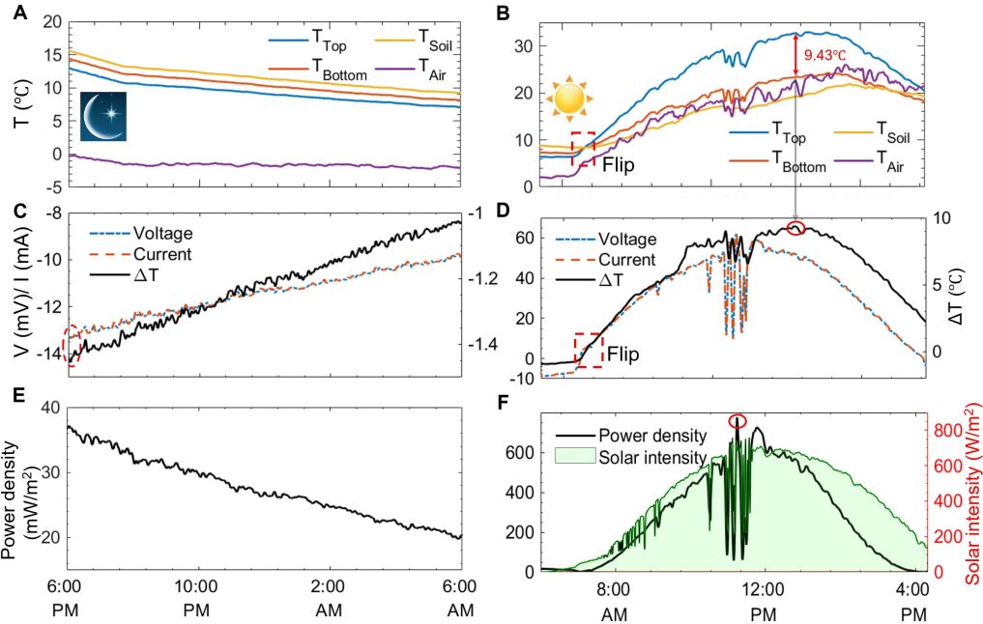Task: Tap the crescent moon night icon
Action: click(102, 118)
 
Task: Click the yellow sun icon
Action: click(565, 99)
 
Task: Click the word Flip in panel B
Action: click(619, 164)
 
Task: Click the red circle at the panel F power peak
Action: click(737, 420)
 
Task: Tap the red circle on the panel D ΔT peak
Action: click(796, 228)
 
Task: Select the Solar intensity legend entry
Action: click(646, 456)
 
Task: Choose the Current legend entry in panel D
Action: click(622, 259)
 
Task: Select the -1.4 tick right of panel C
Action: click(485, 345)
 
